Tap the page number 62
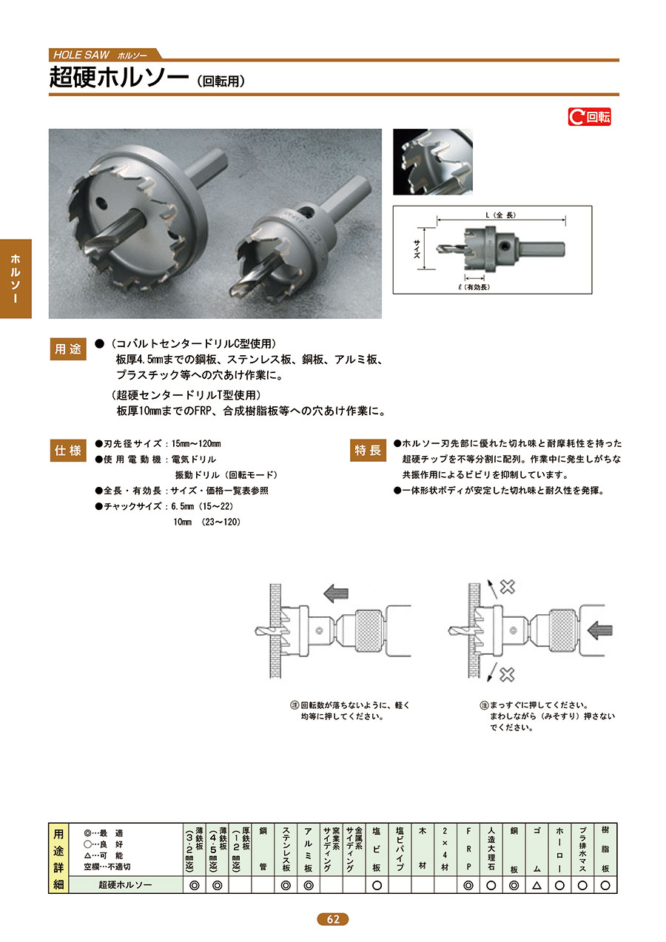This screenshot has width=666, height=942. pos(332,919)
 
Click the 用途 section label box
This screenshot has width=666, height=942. pos(68,349)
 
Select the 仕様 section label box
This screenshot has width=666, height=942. pos(68,451)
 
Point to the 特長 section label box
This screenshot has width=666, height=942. pos(368,451)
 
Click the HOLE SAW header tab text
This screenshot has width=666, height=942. pos(81,55)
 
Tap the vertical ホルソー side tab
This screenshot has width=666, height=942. pos(16,278)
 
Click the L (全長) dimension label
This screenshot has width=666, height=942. pos(500,215)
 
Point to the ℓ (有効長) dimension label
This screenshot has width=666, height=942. pos(474,287)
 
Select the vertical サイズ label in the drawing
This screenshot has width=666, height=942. pos(417,249)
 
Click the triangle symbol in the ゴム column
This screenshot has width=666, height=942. pos(536,885)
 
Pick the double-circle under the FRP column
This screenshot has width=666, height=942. pos(468,885)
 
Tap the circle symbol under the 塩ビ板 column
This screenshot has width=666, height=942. pos(377,885)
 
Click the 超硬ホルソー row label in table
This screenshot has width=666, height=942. pos(125,885)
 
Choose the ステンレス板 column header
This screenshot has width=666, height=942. pos(286,850)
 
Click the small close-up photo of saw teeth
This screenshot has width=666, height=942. pos(433,162)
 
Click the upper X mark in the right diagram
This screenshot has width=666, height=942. pos(508,587)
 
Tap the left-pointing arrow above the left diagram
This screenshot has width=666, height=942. pos(336,593)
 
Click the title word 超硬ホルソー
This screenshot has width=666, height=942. pos(119,78)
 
